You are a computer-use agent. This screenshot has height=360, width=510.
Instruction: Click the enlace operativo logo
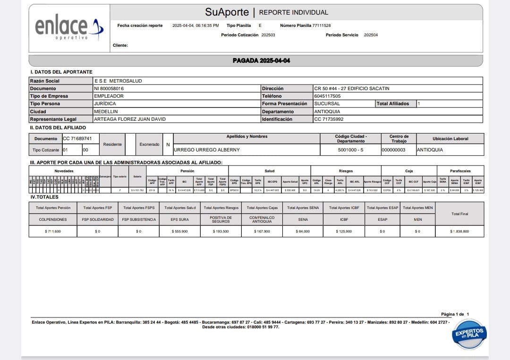coord(69,28)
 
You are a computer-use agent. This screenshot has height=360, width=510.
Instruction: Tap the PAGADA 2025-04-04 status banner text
coord(262,61)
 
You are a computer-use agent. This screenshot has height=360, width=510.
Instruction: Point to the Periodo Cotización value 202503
coord(268,35)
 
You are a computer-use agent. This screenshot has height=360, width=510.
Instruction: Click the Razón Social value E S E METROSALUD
coord(119,81)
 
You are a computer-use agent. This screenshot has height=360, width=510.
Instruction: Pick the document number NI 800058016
coord(109,88)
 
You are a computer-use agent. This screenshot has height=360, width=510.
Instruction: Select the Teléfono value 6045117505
coord(327,96)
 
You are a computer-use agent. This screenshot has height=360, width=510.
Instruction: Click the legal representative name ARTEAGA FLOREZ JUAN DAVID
coord(130,119)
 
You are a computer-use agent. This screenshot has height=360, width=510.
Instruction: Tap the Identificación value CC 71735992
coord(329,119)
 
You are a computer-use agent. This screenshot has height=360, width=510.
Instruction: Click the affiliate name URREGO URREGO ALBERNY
coord(207,150)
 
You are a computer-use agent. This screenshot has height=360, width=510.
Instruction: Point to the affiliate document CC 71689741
coord(77,139)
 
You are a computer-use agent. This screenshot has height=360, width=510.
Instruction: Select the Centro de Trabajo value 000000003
coord(394,150)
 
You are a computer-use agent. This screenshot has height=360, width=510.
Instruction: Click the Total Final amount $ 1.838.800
coord(459,231)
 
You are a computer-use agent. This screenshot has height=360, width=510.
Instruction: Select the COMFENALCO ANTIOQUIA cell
coord(262,219)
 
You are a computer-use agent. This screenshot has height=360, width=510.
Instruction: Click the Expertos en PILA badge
coord(468,334)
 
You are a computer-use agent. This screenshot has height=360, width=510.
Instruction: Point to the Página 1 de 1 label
coord(455,314)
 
